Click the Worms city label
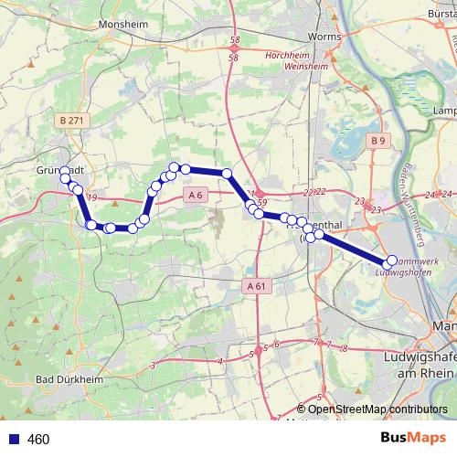tap(324, 37)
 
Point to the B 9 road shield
tap(379, 140)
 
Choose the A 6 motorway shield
tap(194, 194)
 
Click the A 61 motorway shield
tap(257, 286)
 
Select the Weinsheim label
tap(284, 66)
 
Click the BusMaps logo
tap(418, 440)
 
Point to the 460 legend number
tap(38, 440)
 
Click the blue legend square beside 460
tap(12, 440)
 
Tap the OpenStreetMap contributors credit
tap(377, 409)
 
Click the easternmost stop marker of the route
tap(392, 261)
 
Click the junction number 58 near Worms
tap(235, 41)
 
